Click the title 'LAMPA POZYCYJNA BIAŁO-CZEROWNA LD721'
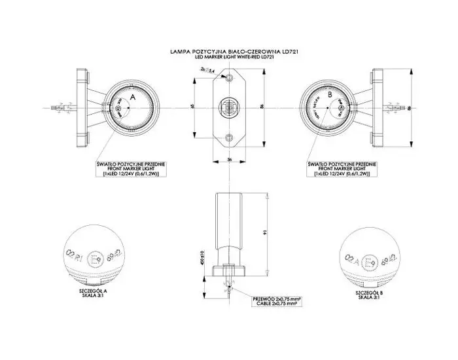tap(228, 50)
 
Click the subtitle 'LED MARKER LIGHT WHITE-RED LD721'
tap(228, 57)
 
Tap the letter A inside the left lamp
tap(133, 96)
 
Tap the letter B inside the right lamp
tap(330, 96)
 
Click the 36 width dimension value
tap(230, 159)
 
